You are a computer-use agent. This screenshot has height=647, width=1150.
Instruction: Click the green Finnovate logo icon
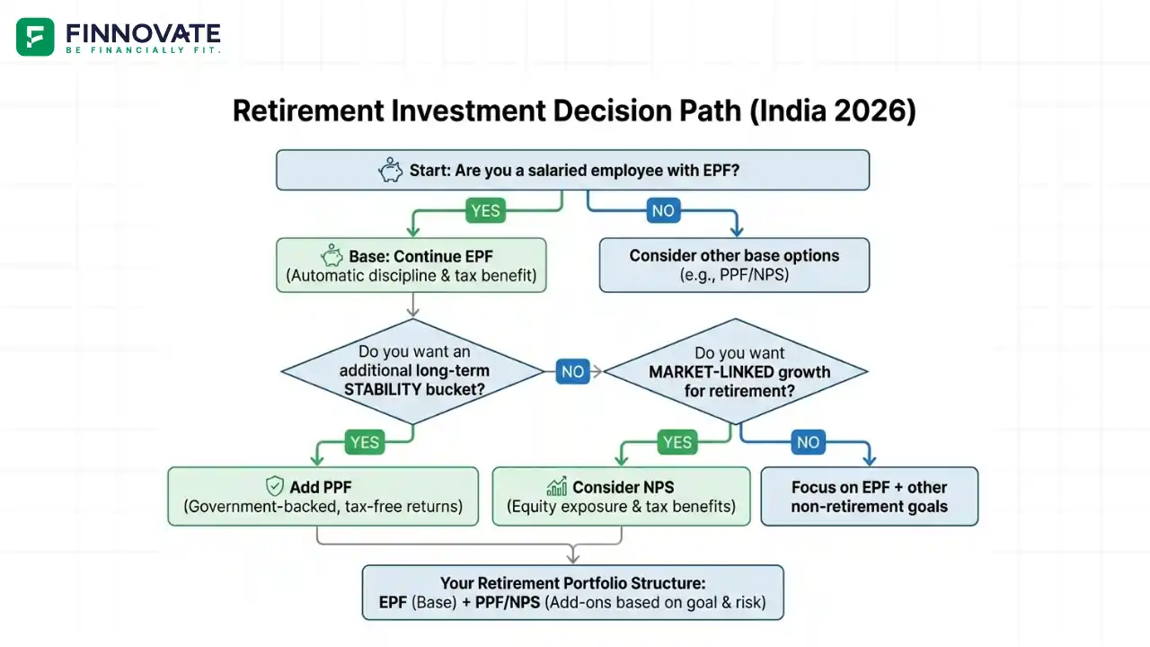point(35,37)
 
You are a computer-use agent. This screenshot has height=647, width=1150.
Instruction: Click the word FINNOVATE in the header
point(143,33)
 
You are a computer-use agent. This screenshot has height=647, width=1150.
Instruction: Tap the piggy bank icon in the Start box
point(391,170)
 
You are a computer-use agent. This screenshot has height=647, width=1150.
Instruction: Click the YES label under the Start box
point(485,211)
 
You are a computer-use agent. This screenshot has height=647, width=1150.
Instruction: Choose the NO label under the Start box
point(663,211)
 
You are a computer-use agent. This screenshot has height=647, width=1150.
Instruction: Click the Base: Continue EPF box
point(411,265)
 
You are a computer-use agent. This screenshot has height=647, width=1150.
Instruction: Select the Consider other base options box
point(734,265)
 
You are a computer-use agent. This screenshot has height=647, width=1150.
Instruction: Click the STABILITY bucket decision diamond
point(412,371)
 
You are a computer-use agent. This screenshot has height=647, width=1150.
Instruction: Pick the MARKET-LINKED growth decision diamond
point(737,371)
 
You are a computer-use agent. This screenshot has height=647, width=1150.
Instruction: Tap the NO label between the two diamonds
point(572,371)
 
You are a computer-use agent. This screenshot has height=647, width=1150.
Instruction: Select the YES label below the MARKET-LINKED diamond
point(677,442)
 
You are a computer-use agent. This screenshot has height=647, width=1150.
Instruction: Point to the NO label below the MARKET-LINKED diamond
point(808,442)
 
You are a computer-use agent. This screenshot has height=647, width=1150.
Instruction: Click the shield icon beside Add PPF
point(275,487)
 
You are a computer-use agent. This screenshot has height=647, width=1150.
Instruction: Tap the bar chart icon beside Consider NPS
point(557,487)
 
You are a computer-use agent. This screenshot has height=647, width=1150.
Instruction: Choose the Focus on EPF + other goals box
point(869,496)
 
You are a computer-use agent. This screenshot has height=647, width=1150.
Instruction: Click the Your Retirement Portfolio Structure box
point(572,592)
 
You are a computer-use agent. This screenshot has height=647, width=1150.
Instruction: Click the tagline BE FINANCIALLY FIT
point(143,50)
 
